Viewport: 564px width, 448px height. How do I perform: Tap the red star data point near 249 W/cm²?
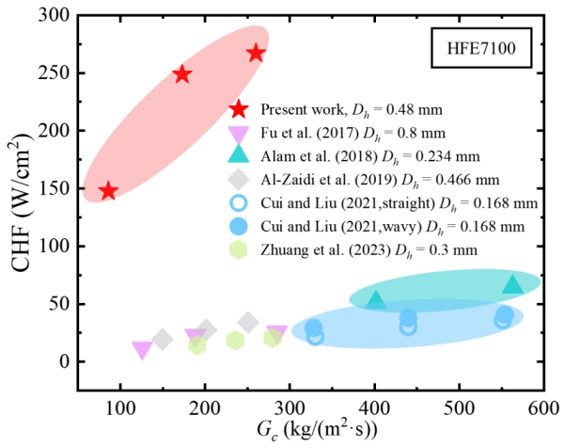[181, 74]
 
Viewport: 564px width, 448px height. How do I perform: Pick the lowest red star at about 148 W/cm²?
[108, 191]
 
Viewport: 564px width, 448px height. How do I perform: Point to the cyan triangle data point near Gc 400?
[376, 300]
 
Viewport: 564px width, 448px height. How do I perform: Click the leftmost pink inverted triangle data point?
[142, 350]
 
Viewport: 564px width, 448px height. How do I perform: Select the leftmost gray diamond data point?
[162, 339]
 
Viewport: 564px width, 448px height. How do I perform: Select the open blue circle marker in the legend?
[240, 202]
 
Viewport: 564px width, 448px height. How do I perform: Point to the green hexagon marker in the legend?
[240, 249]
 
